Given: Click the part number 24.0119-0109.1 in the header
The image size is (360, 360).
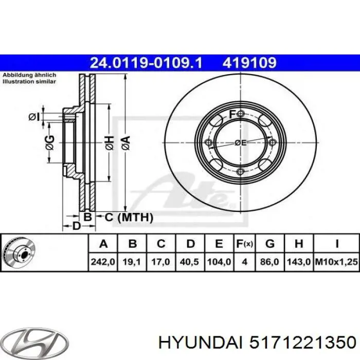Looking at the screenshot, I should (x=146, y=63).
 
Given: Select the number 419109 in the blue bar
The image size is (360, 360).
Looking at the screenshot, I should (x=249, y=63).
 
